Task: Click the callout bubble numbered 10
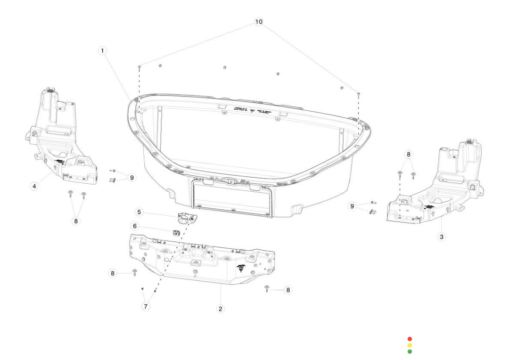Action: pyautogui.click(x=259, y=22)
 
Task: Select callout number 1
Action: pyautogui.click(x=103, y=50)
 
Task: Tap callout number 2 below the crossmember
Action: pyautogui.click(x=221, y=309)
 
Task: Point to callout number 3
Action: pyautogui.click(x=442, y=237)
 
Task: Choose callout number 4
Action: pyautogui.click(x=34, y=187)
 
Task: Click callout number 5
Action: pyautogui.click(x=139, y=213)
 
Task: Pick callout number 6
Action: pyautogui.click(x=135, y=226)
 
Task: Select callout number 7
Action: pyautogui.click(x=146, y=307)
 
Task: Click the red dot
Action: pyautogui.click(x=410, y=339)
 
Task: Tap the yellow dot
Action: pyautogui.click(x=410, y=345)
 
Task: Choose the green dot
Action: pyautogui.click(x=410, y=352)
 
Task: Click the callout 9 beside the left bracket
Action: pyautogui.click(x=132, y=178)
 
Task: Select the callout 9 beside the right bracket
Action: pyautogui.click(x=352, y=206)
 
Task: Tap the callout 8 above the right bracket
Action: pyautogui.click(x=409, y=154)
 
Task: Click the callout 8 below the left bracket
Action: pyautogui.click(x=76, y=221)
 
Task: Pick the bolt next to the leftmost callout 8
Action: pyautogui.click(x=135, y=272)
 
